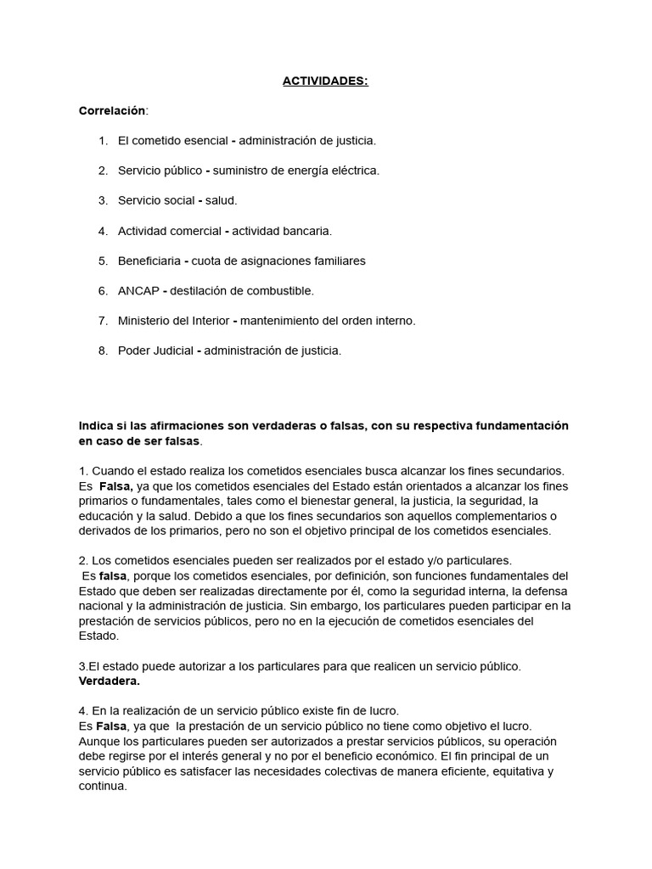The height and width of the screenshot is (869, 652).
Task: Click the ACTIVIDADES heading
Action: pyautogui.click(x=326, y=81)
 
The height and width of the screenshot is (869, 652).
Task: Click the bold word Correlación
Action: pyautogui.click(x=112, y=111)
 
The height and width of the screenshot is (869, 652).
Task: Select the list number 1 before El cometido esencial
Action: pyautogui.click(x=103, y=140)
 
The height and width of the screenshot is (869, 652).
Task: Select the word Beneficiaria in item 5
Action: pyautogui.click(x=149, y=261)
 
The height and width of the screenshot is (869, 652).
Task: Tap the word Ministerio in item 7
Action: pyautogui.click(x=145, y=321)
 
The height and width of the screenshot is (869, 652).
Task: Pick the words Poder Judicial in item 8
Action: pyautogui.click(x=155, y=350)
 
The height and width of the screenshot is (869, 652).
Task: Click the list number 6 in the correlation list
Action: pyautogui.click(x=103, y=291)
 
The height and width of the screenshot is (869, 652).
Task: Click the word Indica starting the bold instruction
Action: pyautogui.click(x=96, y=425)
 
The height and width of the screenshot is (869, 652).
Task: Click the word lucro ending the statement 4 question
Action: pyautogui.click(x=384, y=710)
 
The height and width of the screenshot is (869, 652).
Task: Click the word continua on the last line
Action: pyautogui.click(x=103, y=786)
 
